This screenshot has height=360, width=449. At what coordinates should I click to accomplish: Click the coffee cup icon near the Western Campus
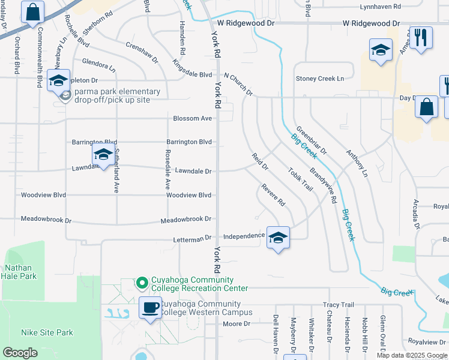click(150, 308)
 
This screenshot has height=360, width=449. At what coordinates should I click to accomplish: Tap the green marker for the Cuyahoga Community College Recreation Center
click(142, 281)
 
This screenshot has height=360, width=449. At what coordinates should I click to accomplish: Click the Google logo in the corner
click(20, 353)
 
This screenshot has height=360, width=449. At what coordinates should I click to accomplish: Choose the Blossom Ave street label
click(192, 118)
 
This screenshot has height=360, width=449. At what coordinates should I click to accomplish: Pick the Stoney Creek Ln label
click(320, 79)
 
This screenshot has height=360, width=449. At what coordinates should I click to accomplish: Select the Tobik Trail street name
click(300, 179)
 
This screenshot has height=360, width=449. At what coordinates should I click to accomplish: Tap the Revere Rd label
click(273, 195)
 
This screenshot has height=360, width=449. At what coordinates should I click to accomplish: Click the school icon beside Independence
click(277, 238)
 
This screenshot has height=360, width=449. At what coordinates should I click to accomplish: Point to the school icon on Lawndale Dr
click(103, 155)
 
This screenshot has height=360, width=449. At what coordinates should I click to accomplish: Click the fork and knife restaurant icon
click(421, 38)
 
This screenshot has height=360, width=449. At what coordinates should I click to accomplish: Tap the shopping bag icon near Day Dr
click(426, 107)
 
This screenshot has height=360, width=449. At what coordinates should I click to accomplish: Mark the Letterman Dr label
click(192, 238)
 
